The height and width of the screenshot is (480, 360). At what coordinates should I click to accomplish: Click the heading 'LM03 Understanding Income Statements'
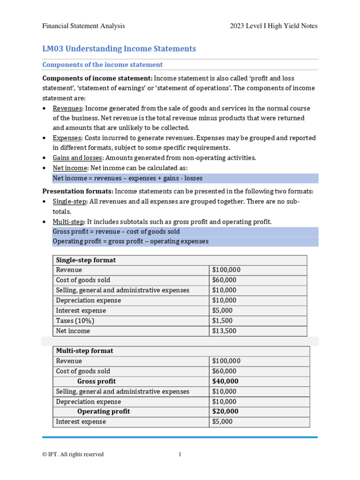[x=119, y=49]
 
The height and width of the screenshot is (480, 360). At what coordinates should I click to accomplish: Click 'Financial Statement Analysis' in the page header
[x=83, y=26]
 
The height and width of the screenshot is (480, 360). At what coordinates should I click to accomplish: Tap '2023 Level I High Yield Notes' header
[x=273, y=26]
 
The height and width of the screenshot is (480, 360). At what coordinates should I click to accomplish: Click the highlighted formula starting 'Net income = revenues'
[x=127, y=178]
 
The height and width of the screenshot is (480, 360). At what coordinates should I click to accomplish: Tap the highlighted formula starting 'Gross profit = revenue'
[x=116, y=232]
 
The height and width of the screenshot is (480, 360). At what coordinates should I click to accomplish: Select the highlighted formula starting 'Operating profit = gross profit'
[x=131, y=241]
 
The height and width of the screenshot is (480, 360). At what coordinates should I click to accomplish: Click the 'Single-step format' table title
[x=86, y=260]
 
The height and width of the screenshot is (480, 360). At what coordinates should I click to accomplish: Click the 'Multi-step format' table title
[x=84, y=351]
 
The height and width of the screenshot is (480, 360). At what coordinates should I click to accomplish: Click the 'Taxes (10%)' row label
[x=75, y=321]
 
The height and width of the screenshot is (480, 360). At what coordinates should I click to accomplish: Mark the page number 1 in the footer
[x=180, y=454]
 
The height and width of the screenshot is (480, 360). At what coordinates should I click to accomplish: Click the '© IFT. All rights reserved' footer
[x=73, y=454]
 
